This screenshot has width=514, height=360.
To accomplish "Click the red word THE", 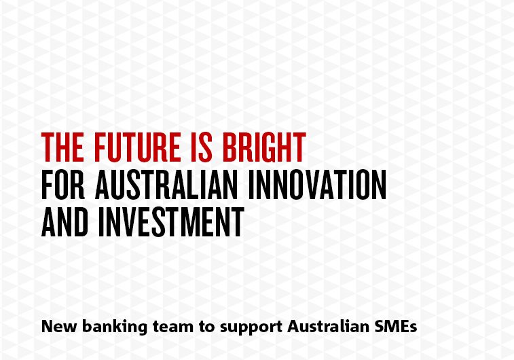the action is pos(62,147).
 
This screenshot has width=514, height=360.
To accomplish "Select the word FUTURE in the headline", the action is pos(137,147).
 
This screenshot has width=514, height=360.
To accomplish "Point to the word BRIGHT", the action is pos(264,147).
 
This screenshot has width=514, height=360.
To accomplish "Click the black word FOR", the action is pos(63,185).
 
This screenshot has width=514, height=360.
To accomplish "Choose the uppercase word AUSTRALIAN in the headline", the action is pos(166,185).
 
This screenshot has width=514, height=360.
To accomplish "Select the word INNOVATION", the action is pos(317,185).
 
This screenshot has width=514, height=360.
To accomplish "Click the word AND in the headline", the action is pos(65,222).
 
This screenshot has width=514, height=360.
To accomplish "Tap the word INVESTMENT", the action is pos(171,222).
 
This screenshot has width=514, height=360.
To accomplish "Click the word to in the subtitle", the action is pos(206,327).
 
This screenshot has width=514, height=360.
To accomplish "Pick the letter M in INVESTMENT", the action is pos(195,222).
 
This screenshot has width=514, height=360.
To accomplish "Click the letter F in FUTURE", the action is pos(100,147).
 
